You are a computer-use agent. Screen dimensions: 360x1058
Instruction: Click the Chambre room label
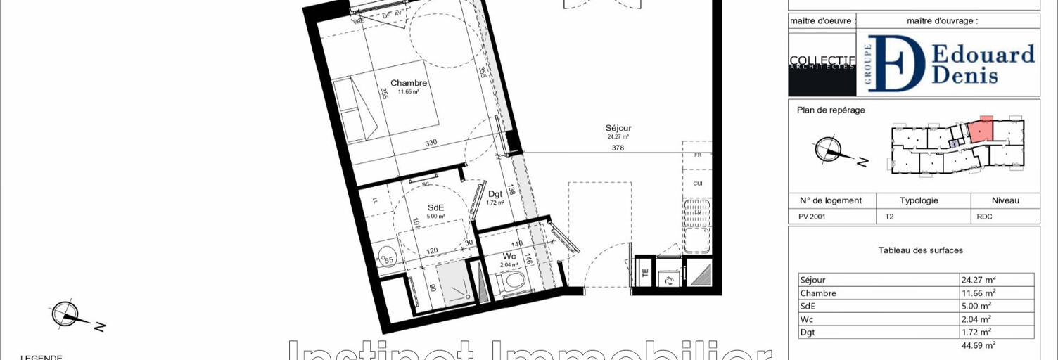click(x=409, y=83)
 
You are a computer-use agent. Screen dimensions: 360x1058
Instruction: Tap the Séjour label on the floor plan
click(x=618, y=128)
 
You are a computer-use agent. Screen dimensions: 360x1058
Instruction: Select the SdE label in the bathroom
click(x=435, y=207)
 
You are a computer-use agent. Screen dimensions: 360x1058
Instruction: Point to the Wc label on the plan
click(x=509, y=256)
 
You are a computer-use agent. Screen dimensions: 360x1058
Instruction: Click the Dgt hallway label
click(x=495, y=194)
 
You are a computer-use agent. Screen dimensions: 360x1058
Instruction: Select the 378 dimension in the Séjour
click(x=618, y=148)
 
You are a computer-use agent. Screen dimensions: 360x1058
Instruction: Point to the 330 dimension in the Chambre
click(x=431, y=143)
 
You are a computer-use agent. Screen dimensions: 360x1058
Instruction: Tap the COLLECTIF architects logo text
click(x=822, y=61)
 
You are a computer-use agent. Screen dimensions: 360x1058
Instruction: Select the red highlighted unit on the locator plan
click(x=981, y=129)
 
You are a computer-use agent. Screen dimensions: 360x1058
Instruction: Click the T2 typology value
click(x=889, y=217)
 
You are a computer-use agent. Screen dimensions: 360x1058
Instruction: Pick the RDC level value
click(x=984, y=217)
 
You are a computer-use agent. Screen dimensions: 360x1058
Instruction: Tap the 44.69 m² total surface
click(x=978, y=345)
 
